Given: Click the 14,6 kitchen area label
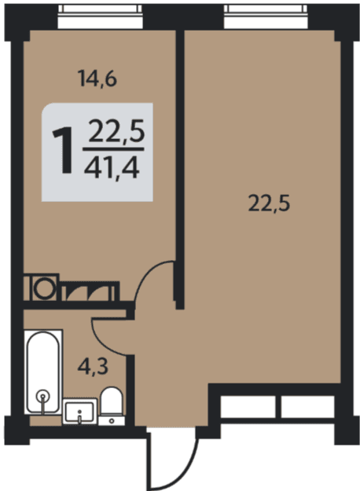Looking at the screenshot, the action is (x=97, y=79).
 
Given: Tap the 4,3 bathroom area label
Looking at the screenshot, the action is (x=93, y=366).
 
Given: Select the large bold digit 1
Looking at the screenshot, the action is (x=64, y=150).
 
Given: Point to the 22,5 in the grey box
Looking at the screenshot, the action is (x=116, y=131).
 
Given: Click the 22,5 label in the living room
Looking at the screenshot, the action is (x=269, y=203).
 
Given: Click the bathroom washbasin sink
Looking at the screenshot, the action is (x=80, y=412).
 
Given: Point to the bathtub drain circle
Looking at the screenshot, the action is (x=42, y=395).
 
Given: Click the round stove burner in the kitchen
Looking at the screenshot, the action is (x=45, y=288).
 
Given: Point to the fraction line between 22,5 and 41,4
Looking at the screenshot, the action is (x=113, y=150).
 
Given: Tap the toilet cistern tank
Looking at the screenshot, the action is (x=112, y=420).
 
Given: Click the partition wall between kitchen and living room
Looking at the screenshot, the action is (x=179, y=169).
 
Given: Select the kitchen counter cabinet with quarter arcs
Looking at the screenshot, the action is (x=90, y=291).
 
